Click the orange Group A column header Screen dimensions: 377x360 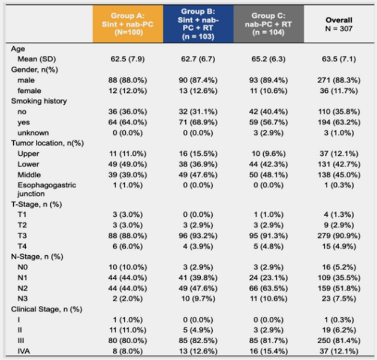128,24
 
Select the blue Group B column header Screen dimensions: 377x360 198,24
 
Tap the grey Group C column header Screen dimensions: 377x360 269,24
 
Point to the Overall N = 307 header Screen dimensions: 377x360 339,25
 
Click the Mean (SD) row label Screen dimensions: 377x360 37,59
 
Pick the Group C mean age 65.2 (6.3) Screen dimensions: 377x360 269,59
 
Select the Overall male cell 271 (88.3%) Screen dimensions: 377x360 339,80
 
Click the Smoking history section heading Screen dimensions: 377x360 39,101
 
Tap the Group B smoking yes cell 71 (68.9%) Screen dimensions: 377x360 198,122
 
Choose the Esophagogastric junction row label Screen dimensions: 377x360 47,189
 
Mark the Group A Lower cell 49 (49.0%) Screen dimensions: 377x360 128,164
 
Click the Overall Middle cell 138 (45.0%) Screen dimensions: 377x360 339,175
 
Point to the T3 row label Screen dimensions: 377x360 22,236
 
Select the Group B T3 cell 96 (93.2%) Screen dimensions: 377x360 198,236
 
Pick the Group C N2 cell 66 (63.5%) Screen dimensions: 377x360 269,288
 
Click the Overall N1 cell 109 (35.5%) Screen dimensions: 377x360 339,278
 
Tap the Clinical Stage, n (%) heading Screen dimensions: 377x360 47,309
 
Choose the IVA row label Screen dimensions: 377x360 24,352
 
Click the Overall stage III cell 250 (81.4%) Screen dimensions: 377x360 339,341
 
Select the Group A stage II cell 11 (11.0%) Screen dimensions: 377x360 128,330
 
